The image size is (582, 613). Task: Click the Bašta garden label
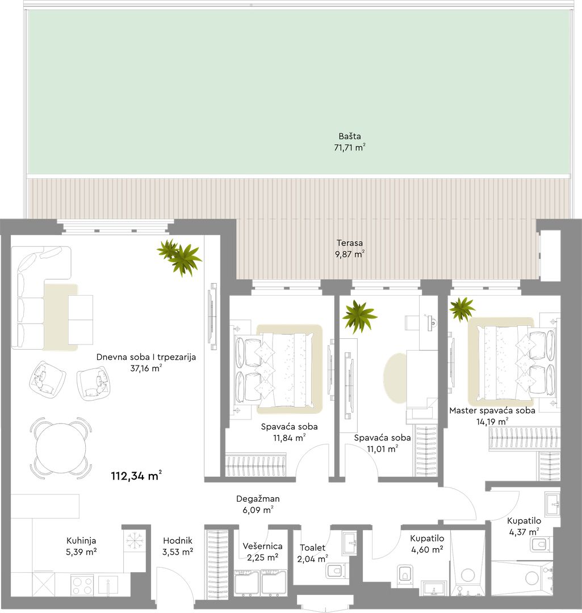tap(350, 136)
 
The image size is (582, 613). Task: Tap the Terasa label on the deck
tap(350, 243)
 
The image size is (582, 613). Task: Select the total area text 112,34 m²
tap(136, 476)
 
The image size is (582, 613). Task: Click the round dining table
tap(61, 448)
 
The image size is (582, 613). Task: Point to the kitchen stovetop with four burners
tap(82, 585)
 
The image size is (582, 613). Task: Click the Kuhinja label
tap(81, 541)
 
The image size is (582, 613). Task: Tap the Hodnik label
tap(178, 541)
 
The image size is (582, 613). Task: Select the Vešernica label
tap(262, 546)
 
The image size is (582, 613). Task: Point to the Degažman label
tap(258, 499)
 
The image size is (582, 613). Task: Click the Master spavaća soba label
tap(492, 410)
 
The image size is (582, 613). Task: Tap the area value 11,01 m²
tap(383, 449)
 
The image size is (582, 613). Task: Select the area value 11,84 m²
tap(289, 438)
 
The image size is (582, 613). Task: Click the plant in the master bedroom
tap(462, 308)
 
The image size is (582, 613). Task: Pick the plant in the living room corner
tap(179, 257)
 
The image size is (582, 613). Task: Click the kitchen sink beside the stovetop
tap(108, 585)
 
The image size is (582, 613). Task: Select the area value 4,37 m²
tap(524, 532)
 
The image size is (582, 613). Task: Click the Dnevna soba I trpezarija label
tap(146, 357)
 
